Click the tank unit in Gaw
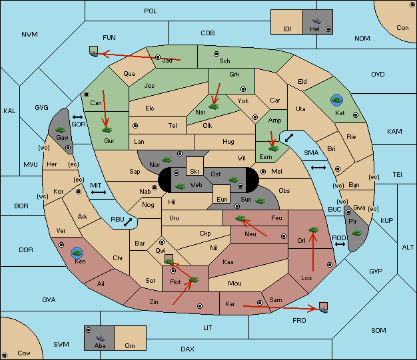(61, 130)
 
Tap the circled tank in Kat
(336, 100)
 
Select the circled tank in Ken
(77, 253)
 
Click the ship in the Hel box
(316, 21)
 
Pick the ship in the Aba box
(100, 338)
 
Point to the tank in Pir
(356, 233)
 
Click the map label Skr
(195, 172)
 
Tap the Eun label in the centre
(222, 199)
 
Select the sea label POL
(151, 11)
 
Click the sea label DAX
(187, 349)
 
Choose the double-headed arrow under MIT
(99, 192)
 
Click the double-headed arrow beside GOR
(77, 117)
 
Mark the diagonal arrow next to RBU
(128, 222)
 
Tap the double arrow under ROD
(340, 244)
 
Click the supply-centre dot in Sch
(216, 54)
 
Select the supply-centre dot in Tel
(135, 125)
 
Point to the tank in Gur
(107, 130)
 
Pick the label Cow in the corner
(24, 353)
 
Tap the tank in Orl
(313, 230)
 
